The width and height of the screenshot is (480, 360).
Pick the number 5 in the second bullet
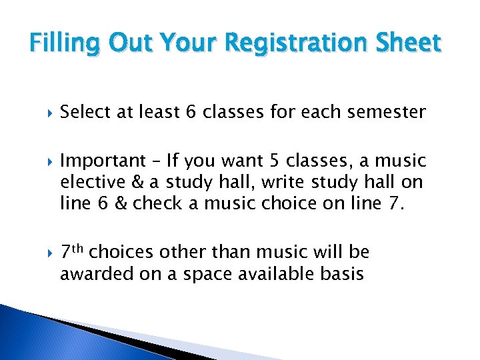[279, 161]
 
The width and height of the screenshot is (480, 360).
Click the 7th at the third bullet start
[71, 252]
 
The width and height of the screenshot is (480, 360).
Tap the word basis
[341, 273]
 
